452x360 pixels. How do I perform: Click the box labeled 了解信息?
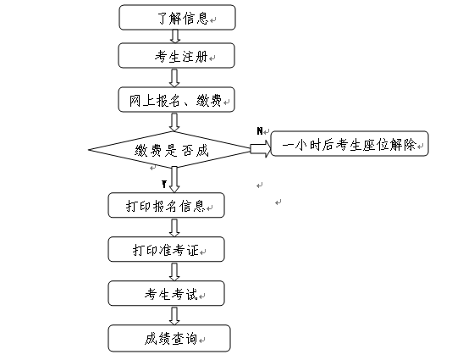(177, 17)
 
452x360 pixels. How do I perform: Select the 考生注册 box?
(176, 56)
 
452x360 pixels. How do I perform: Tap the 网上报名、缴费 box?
(176, 99)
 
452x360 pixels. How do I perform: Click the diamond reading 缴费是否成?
(170, 150)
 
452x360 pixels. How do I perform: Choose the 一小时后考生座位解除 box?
(350, 144)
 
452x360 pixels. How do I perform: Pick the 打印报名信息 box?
(167, 205)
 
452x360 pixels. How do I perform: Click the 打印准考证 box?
(167, 249)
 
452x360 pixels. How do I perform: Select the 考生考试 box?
(167, 293)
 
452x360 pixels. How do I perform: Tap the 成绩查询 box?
(169, 338)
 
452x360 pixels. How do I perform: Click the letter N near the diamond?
(260, 131)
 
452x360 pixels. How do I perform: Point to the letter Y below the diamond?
(164, 184)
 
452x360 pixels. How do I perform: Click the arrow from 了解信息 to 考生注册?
(175, 36)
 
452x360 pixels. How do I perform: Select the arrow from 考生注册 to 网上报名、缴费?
(174, 78)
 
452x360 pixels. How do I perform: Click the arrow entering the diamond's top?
(174, 122)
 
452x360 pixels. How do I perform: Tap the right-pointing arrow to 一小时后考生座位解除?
(261, 149)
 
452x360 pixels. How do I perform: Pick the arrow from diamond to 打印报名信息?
(174, 180)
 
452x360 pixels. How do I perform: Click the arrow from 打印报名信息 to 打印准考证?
(174, 227)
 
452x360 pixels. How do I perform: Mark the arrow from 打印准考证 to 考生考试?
(174, 271)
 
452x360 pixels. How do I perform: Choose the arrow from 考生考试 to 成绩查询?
(174, 316)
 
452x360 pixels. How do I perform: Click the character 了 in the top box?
(163, 18)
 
